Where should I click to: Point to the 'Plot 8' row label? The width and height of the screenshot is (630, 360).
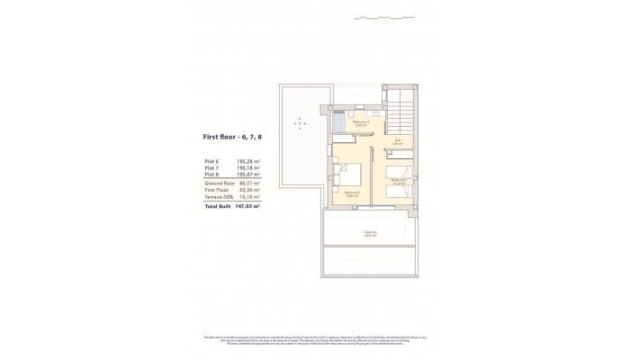[x=211, y=174]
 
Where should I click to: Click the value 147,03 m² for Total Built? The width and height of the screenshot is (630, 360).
[x=247, y=206]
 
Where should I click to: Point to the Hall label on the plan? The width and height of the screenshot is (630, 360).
[x=396, y=141]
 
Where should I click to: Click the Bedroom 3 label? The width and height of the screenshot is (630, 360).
[x=352, y=192]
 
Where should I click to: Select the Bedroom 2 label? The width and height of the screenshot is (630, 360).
[x=399, y=181]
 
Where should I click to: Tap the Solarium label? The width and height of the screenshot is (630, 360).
[x=370, y=232]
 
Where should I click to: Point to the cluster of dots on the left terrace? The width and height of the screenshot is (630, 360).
[x=299, y=122]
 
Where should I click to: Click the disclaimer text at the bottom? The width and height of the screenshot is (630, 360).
[x=315, y=339]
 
